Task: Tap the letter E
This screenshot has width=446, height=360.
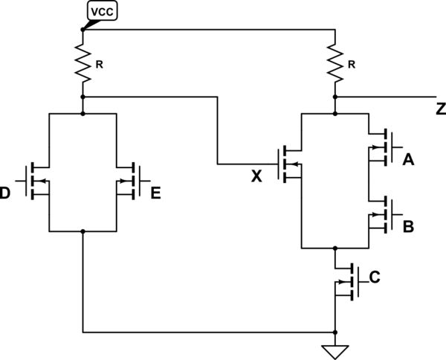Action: (x=156, y=194)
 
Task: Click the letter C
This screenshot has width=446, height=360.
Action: (x=375, y=278)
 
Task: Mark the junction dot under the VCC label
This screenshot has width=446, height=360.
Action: (x=83, y=30)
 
